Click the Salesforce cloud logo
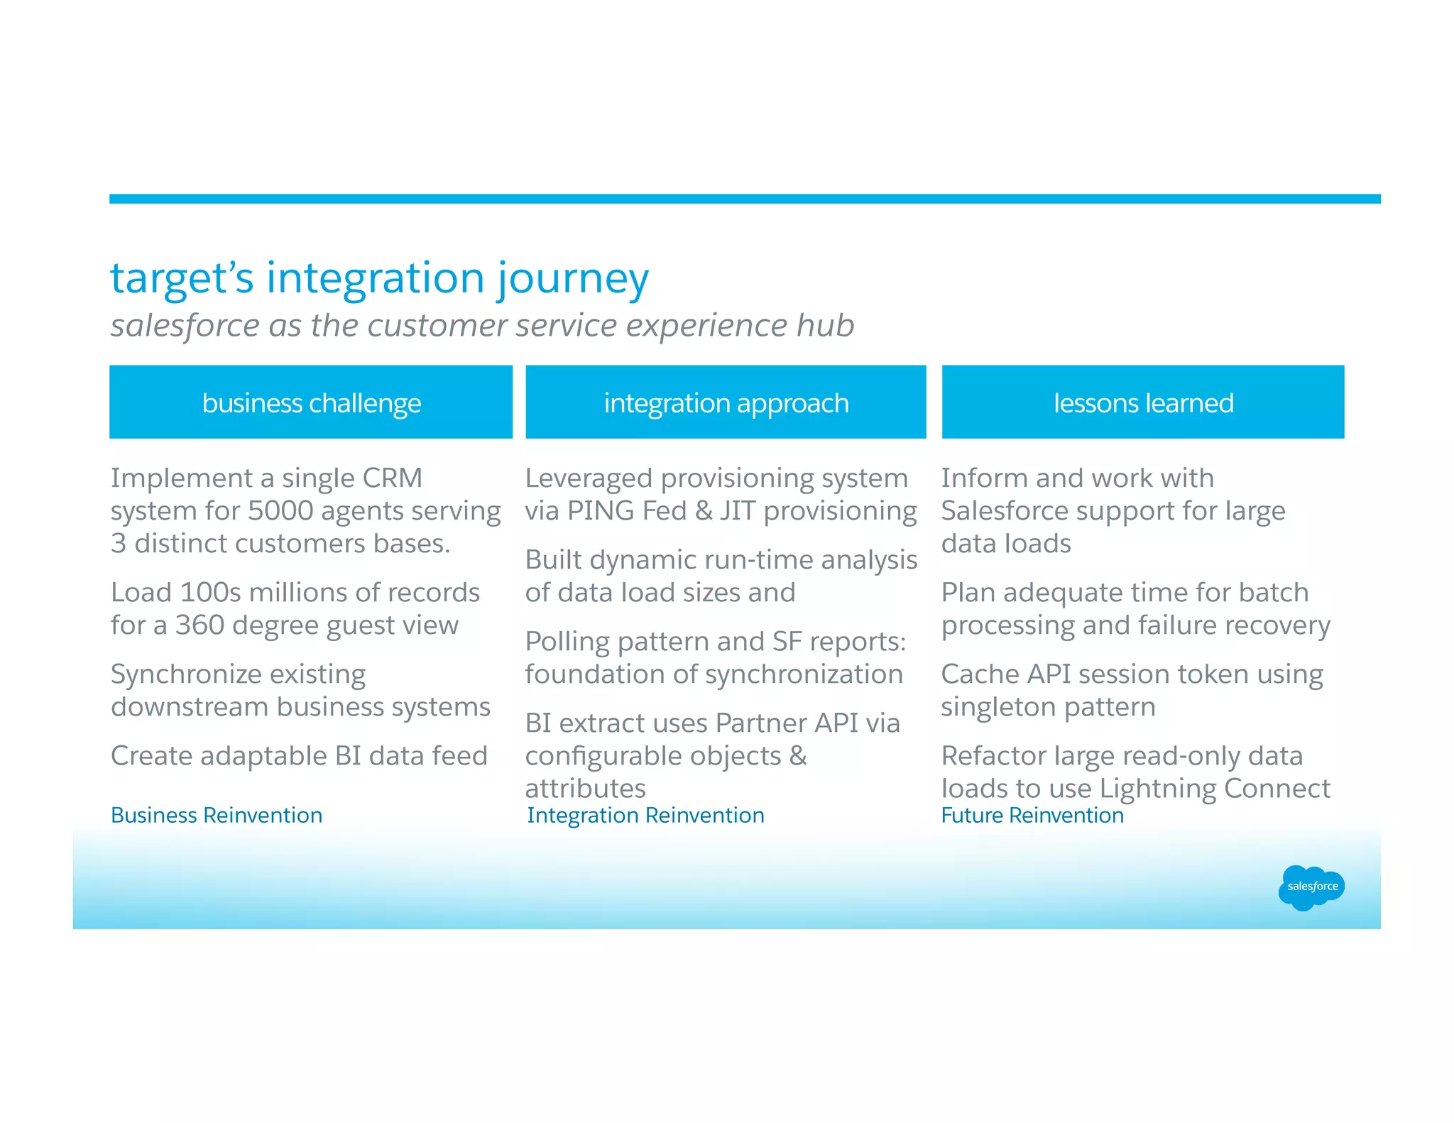(x=1311, y=887)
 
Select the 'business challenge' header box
(x=311, y=402)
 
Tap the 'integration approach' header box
(x=726, y=402)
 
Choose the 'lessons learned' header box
(x=1143, y=402)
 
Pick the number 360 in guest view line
(x=199, y=625)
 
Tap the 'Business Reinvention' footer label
(x=217, y=815)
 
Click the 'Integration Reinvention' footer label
(x=645, y=815)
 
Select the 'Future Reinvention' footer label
(x=1032, y=815)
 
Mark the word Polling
(x=567, y=642)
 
